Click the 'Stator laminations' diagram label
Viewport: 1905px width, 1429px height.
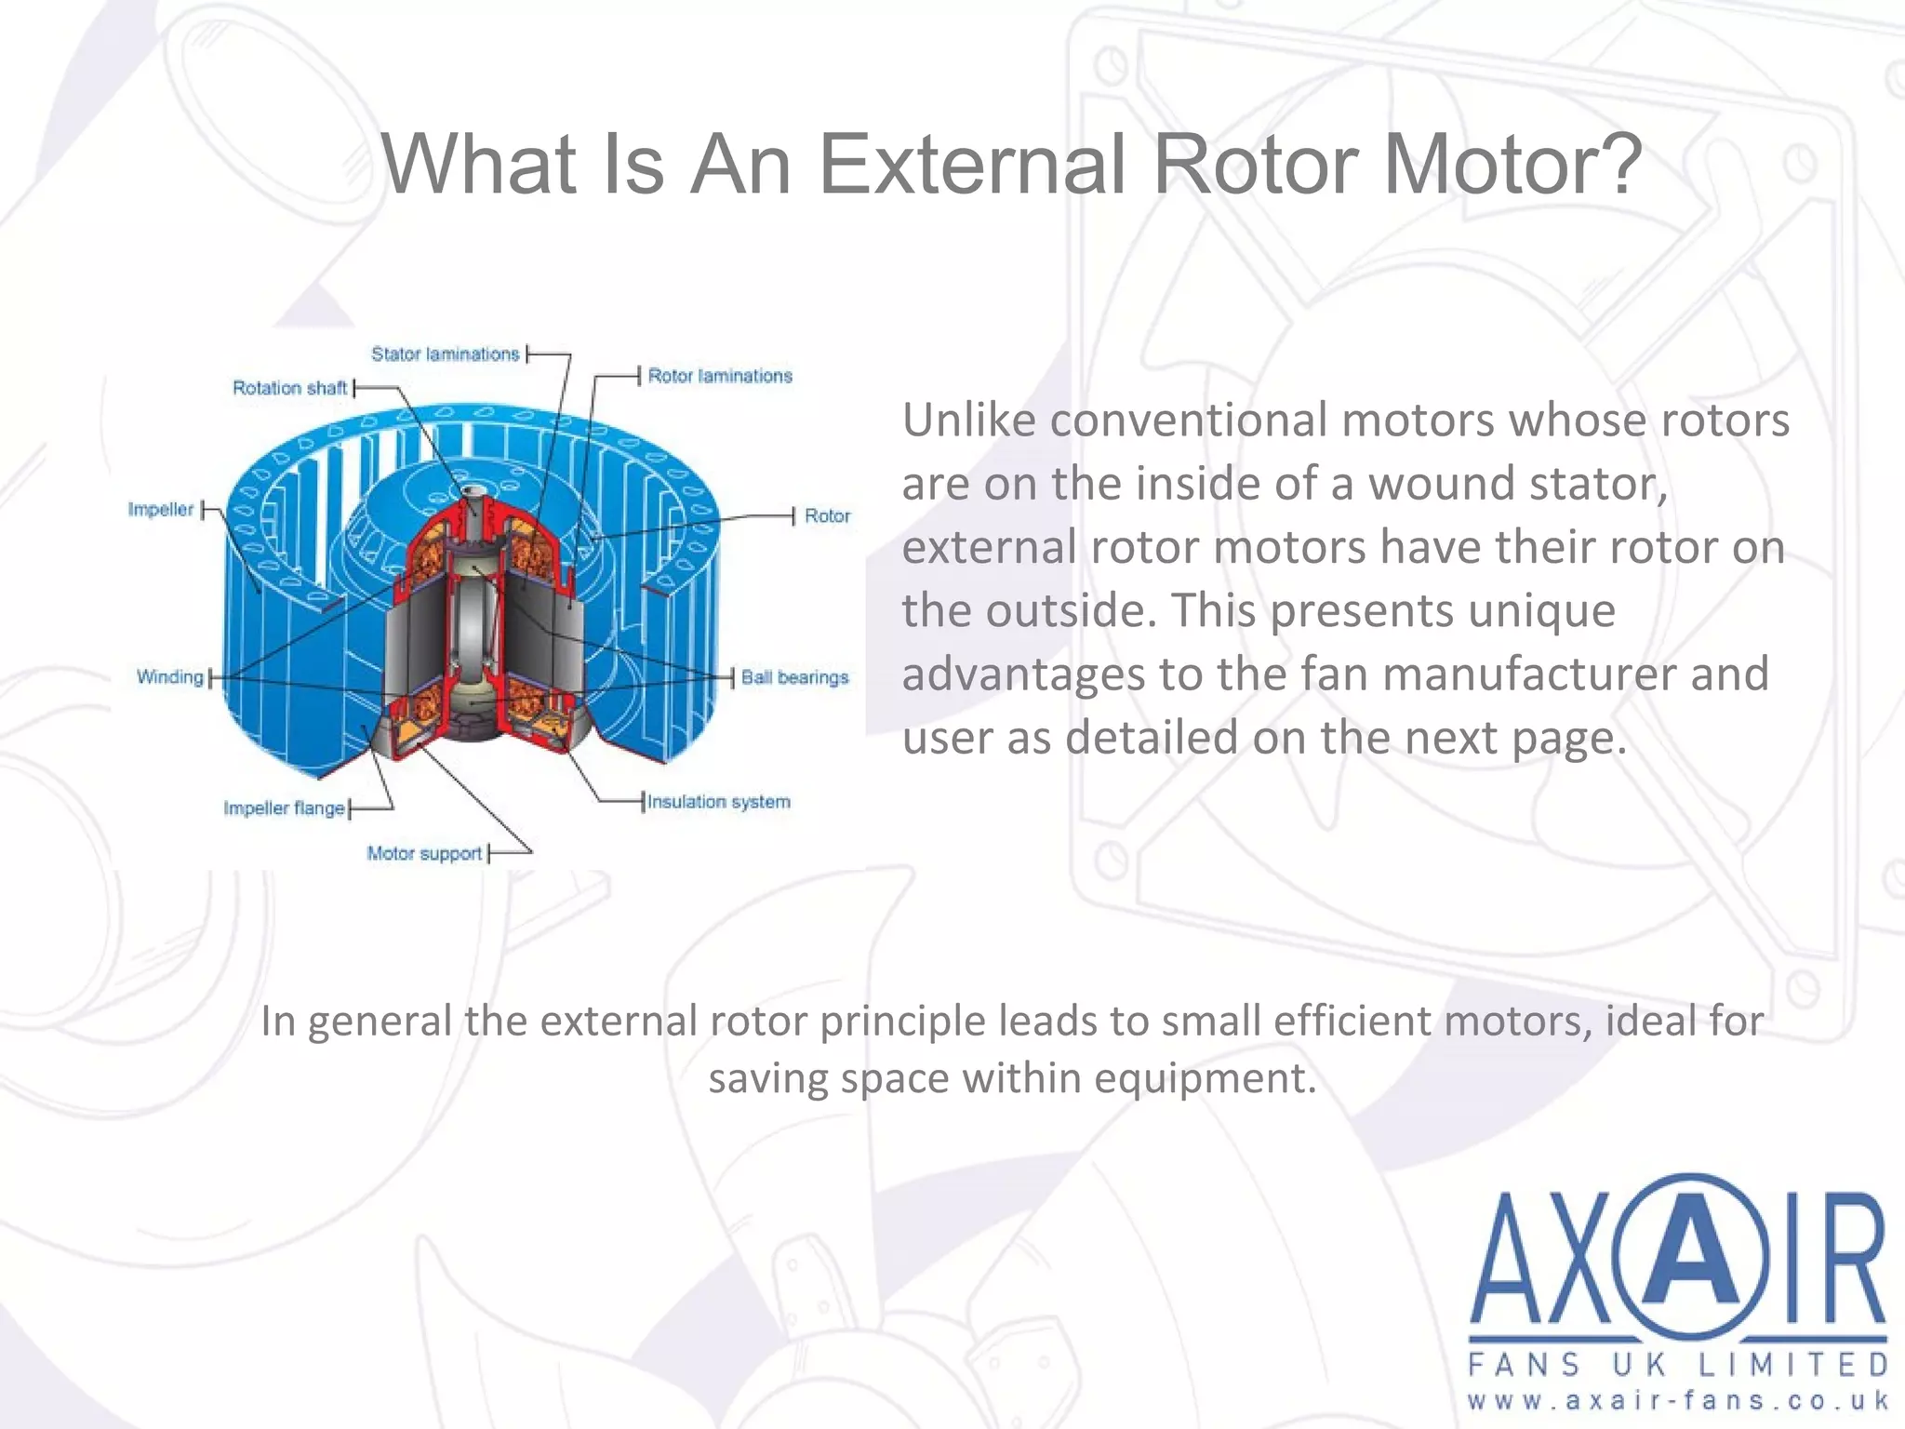coord(445,354)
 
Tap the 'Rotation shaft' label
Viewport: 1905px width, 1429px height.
coord(289,388)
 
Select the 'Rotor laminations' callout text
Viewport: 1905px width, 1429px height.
coord(720,376)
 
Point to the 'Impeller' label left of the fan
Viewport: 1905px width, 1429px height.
coord(161,510)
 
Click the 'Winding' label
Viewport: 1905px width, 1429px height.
coord(170,677)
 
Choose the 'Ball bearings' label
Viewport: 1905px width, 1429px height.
coord(795,677)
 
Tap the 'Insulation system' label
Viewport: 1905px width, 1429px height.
coord(718,802)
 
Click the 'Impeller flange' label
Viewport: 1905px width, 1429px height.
coord(284,808)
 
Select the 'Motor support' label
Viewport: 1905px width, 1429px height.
coord(424,853)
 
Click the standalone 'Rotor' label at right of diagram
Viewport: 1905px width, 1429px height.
coord(827,516)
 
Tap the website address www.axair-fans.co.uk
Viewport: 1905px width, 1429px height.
coord(1678,1400)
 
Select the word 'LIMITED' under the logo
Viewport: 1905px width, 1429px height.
coord(1793,1365)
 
